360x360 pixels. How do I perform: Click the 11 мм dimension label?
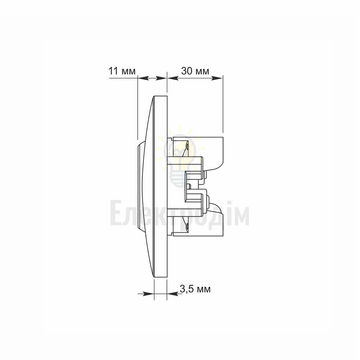122,71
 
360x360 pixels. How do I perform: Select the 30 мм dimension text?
195,71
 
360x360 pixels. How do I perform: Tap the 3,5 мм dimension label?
195,289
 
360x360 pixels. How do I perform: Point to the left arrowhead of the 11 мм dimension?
143,78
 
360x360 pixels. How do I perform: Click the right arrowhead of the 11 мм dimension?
161,78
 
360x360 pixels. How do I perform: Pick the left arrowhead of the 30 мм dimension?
173,78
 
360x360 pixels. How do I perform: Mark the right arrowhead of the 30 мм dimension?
217,78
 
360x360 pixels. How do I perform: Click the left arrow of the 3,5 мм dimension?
146,294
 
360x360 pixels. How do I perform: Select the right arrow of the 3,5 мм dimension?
173,294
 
